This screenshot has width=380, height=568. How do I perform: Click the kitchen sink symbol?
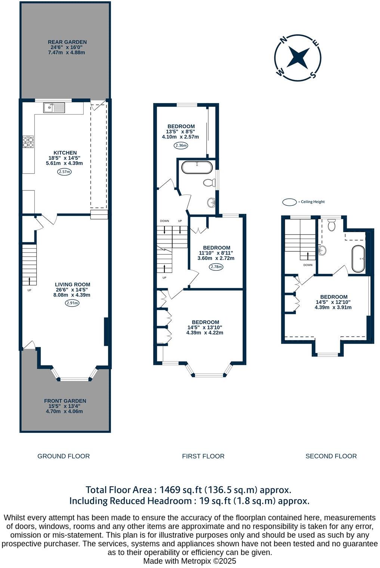[55, 108]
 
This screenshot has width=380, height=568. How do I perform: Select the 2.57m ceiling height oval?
[64, 172]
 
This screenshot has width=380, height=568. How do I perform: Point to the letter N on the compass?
[284, 39]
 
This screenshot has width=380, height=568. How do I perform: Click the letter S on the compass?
[313, 75]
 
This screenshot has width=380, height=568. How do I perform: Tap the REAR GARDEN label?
[67, 42]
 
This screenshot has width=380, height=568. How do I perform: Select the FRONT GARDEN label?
[65, 401]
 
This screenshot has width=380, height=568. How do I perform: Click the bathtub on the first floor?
[197, 167]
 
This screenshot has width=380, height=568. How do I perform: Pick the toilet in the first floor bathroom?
[208, 183]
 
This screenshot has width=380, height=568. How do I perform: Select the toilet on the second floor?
[331, 225]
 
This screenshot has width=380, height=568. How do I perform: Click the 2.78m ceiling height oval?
[216, 267]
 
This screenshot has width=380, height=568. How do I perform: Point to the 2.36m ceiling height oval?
[180, 146]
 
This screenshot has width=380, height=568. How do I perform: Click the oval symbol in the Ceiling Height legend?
[289, 202]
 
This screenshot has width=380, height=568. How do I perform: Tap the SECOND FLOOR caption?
[331, 456]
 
